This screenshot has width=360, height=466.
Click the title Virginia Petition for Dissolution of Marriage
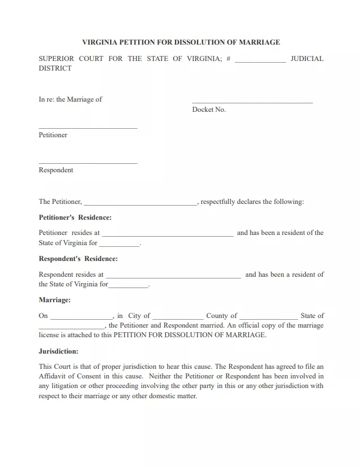(x=181, y=42)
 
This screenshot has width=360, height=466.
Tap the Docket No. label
(x=209, y=110)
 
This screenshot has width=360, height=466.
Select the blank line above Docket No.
(x=252, y=102)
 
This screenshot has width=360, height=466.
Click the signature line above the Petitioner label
(x=88, y=128)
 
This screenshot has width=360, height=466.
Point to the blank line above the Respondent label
(x=88, y=163)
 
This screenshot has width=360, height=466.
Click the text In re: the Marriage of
(x=71, y=99)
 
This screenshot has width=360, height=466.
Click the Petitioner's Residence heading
(x=75, y=217)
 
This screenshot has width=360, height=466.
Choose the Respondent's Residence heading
(x=78, y=259)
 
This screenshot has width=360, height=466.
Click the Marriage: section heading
(x=55, y=300)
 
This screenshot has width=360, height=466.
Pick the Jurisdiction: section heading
(x=59, y=351)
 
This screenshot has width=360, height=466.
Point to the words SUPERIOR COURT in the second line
(x=71, y=59)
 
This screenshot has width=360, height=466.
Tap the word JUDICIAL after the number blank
(x=306, y=59)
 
